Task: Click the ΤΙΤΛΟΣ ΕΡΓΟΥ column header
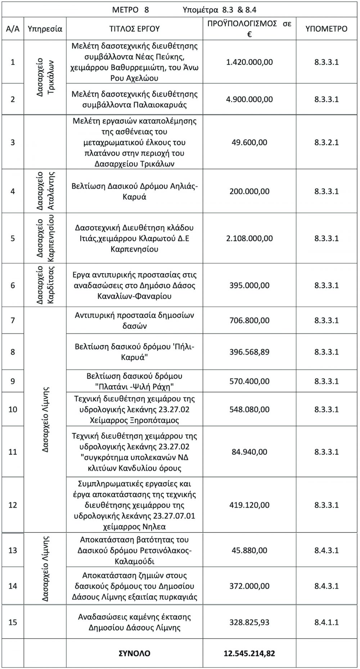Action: click(134, 28)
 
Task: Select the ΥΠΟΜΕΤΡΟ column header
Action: click(327, 28)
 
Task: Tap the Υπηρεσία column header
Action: click(45, 28)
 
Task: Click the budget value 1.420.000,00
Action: click(249, 62)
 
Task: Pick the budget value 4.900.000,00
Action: click(249, 99)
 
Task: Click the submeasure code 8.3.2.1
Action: click(327, 142)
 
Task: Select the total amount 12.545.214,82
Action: click(249, 653)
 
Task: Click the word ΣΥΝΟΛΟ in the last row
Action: click(134, 653)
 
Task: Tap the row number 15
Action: click(13, 622)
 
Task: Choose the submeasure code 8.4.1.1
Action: click(327, 622)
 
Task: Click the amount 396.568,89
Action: click(249, 352)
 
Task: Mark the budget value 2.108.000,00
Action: click(249, 238)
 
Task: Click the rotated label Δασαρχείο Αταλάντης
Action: click(45, 191)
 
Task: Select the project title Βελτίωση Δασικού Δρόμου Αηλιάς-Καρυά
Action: click(134, 191)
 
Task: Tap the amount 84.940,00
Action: click(249, 452)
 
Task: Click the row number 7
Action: click(13, 320)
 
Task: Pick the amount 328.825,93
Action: click(249, 622)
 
